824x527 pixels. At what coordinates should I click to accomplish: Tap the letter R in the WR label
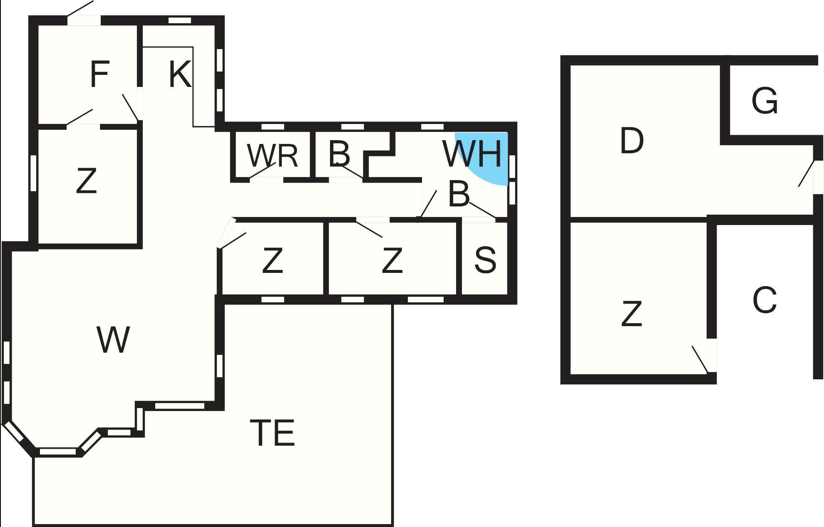click(x=287, y=156)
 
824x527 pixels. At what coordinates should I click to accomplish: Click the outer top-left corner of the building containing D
click(x=561, y=56)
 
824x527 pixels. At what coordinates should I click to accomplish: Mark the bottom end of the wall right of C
click(x=818, y=379)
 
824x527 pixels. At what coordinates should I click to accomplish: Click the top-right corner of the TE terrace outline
click(x=392, y=305)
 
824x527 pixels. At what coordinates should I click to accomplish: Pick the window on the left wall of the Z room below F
click(x=34, y=173)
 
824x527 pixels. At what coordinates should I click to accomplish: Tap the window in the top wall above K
click(x=180, y=20)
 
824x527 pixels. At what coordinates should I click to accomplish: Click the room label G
click(x=764, y=100)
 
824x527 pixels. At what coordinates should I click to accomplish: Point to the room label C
click(x=764, y=299)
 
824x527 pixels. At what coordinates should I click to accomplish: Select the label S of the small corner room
click(x=485, y=260)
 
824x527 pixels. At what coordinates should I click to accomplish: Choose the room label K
click(x=180, y=74)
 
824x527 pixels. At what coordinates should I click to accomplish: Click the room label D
click(x=631, y=141)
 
